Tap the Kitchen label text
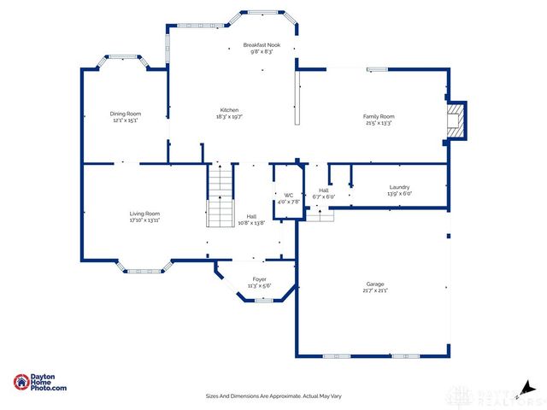point(229,110)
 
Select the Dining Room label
point(126,114)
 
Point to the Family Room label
point(379,116)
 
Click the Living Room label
point(144,214)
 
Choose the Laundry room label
point(399,187)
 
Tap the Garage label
point(375,284)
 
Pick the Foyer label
point(259,278)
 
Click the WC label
point(288,196)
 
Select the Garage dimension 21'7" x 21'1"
point(375,290)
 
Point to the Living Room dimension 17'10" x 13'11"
point(144,220)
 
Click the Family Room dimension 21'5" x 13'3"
point(379,123)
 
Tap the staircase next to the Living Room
point(221,196)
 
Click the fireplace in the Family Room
point(458,120)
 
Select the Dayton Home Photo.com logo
point(40,384)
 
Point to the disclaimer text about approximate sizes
point(273,395)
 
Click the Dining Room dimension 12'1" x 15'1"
point(126,120)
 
